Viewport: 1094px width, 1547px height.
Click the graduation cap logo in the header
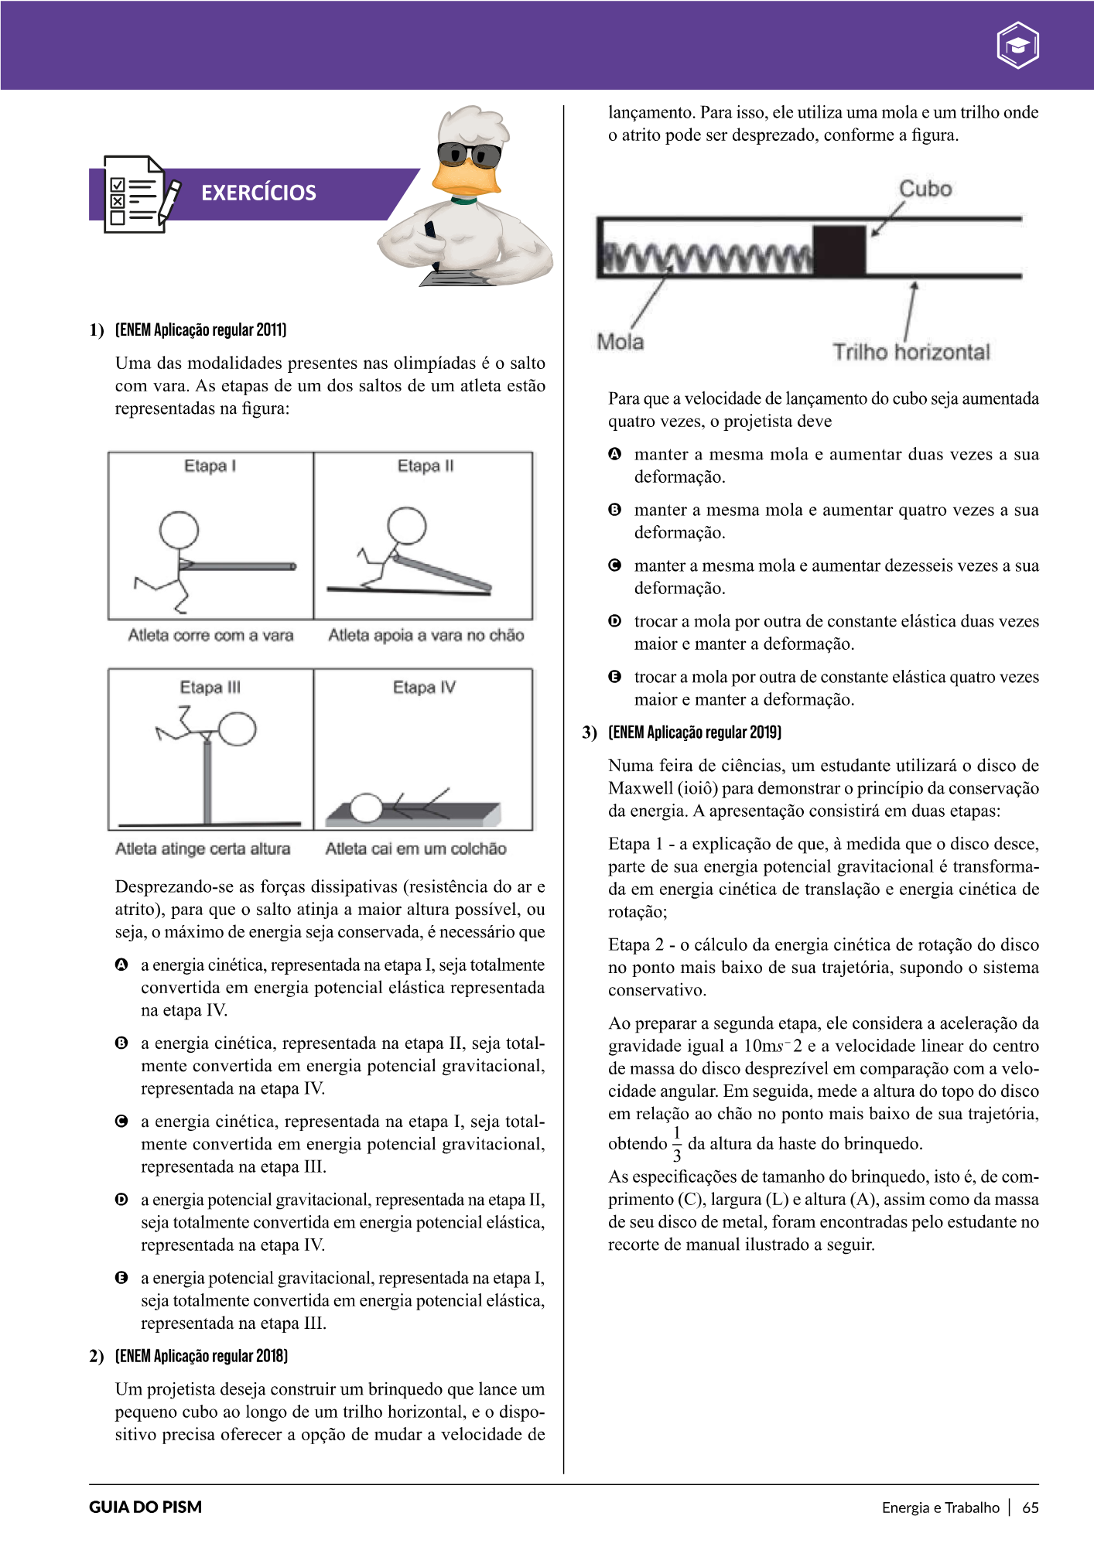pos(1017,46)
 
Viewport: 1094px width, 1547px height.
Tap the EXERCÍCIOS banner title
pos(258,193)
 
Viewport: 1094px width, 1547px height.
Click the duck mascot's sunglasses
pos(468,155)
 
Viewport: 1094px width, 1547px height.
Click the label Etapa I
pos(210,466)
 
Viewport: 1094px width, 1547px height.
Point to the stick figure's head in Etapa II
pos(407,526)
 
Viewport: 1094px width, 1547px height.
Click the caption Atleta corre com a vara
pos(210,635)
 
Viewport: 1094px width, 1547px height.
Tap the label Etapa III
pos(210,687)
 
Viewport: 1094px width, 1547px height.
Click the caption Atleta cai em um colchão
pos(415,849)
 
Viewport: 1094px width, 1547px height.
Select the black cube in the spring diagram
pos(839,250)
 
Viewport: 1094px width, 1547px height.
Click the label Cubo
pos(925,189)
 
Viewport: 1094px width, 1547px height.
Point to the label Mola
pos(620,341)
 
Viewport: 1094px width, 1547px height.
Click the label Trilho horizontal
pos(911,352)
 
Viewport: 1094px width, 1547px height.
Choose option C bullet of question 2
pos(615,565)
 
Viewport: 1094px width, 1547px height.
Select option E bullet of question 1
pos(121,1278)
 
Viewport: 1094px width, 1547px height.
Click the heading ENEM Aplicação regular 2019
pos(695,732)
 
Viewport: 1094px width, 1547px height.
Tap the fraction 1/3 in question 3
pos(677,1144)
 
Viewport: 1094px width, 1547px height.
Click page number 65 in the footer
pos(1030,1507)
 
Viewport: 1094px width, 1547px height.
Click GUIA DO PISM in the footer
pos(145,1507)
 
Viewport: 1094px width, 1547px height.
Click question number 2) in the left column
pos(96,1356)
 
